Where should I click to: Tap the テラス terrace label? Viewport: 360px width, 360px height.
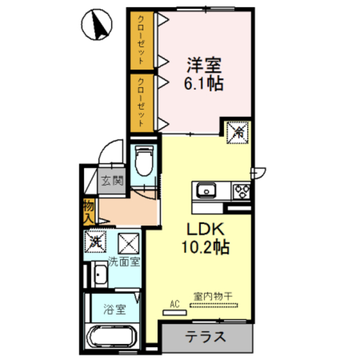tap(205, 337)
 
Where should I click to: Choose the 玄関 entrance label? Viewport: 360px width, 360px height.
tap(112, 182)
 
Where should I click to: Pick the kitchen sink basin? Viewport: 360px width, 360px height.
tap(206, 191)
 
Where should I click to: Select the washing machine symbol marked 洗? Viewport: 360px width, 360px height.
tap(95, 242)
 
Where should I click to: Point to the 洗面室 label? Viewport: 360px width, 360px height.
tap(124, 262)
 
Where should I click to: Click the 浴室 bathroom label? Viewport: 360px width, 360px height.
tap(114, 309)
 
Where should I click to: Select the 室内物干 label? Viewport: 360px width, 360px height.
tap(214, 296)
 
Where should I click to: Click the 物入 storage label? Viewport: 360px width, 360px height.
tap(88, 210)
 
